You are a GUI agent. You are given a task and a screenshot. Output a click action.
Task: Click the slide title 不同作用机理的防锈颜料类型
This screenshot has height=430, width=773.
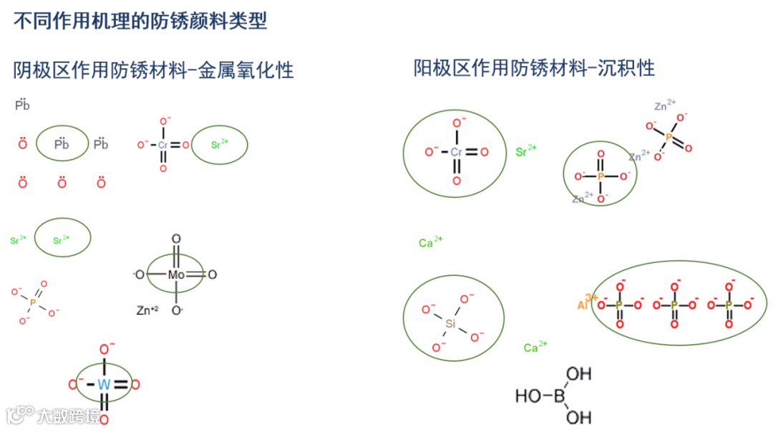(x=140, y=21)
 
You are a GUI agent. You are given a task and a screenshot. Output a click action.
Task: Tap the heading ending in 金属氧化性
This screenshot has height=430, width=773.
(x=153, y=70)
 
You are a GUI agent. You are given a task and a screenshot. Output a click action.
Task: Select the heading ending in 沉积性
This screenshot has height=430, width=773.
(x=534, y=68)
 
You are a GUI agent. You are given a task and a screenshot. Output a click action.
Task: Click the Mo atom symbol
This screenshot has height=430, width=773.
(x=176, y=274)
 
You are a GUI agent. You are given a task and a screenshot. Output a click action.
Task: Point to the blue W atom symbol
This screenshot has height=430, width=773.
(x=104, y=385)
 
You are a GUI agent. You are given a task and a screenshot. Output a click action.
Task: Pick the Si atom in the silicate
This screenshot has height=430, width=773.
(x=450, y=323)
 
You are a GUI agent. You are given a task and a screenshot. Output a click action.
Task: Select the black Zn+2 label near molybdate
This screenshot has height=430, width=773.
(x=147, y=311)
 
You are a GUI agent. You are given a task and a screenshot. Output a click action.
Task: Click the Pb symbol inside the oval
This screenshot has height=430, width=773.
(x=62, y=144)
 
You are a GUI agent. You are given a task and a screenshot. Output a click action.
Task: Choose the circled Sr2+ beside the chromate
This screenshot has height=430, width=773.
(x=220, y=145)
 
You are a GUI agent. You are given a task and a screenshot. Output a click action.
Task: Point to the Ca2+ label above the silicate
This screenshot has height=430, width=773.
(x=430, y=242)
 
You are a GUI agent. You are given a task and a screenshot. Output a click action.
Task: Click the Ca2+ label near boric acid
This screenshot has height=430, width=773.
(x=535, y=348)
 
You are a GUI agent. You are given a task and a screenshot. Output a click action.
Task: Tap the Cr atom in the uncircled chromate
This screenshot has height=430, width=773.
(x=163, y=145)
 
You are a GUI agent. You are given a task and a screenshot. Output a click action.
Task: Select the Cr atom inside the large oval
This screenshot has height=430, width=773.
(x=457, y=152)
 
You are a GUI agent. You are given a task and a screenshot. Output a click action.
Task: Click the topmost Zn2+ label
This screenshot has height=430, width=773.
(x=664, y=106)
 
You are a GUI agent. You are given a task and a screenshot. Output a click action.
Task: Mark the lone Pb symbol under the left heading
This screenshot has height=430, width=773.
(x=22, y=106)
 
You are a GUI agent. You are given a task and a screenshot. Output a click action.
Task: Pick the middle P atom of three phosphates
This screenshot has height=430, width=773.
(x=674, y=305)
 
